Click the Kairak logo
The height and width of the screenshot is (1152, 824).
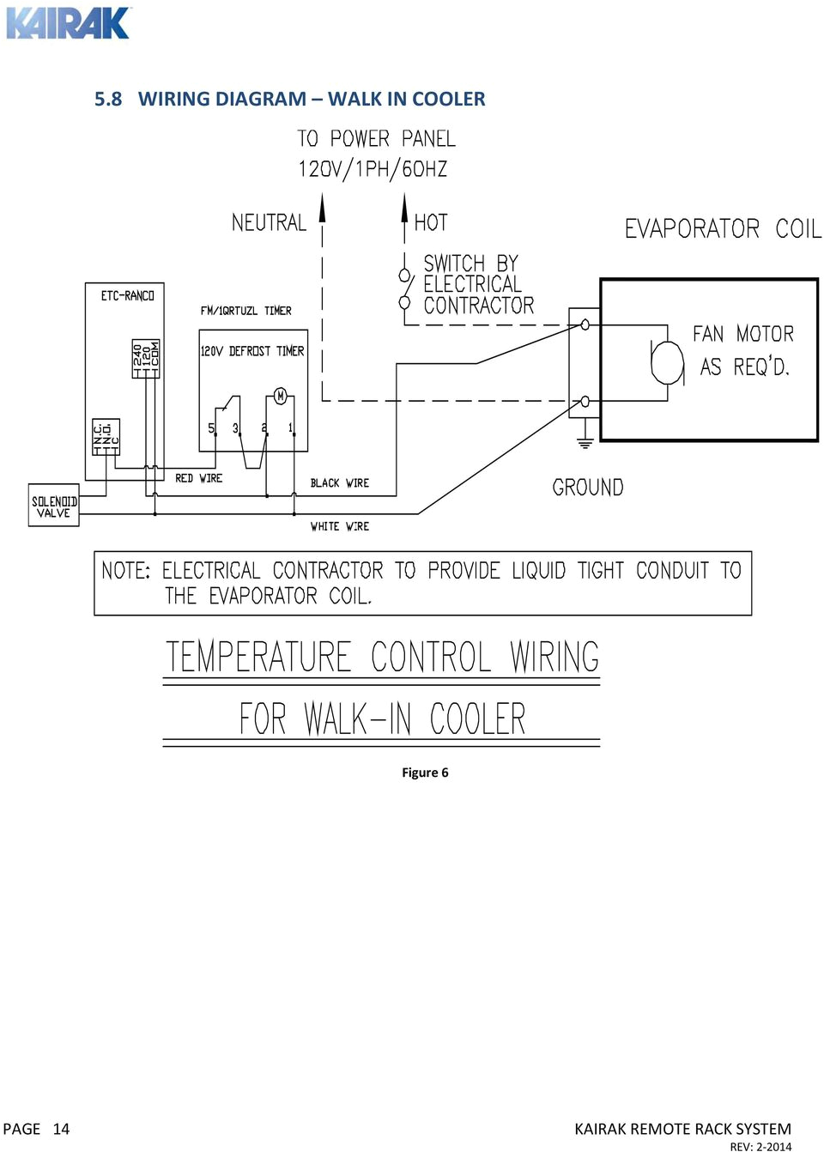(x=68, y=23)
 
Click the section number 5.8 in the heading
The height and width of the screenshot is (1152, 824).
(x=108, y=100)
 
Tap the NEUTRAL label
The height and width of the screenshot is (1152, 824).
(x=269, y=223)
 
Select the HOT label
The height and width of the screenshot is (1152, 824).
(x=431, y=223)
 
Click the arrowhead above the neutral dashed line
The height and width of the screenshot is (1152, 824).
(x=323, y=207)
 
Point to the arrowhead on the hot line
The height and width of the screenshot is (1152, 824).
(x=404, y=207)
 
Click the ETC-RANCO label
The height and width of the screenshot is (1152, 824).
(x=127, y=296)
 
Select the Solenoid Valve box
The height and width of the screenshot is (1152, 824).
(x=54, y=506)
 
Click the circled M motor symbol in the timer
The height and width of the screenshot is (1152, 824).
(x=280, y=396)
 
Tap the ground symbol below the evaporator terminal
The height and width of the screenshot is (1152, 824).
(x=585, y=443)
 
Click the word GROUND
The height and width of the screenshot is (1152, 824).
(x=588, y=488)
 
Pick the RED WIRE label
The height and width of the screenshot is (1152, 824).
(x=198, y=478)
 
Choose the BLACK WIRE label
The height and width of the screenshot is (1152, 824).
(x=340, y=483)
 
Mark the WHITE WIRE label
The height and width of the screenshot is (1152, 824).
(x=340, y=526)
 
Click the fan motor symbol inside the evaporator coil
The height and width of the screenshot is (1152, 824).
(x=667, y=361)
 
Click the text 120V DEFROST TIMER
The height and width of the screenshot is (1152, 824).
(x=251, y=351)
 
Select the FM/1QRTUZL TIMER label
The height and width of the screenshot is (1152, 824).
(x=245, y=311)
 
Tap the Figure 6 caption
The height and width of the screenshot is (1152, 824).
(x=425, y=773)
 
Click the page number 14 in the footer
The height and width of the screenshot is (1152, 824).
(x=61, y=1129)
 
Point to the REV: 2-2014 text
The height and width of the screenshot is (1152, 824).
(x=760, y=1146)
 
